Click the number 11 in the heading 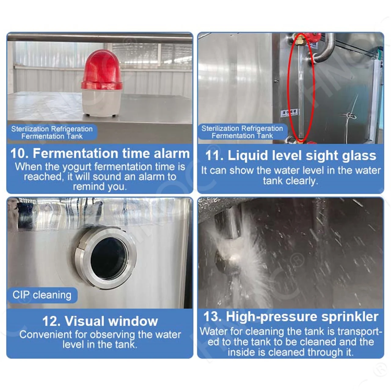[x=214, y=156]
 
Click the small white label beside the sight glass [x=289, y=113]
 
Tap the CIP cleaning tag [x=42, y=295]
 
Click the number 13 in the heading [x=212, y=317]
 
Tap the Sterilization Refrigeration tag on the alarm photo [x=52, y=133]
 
